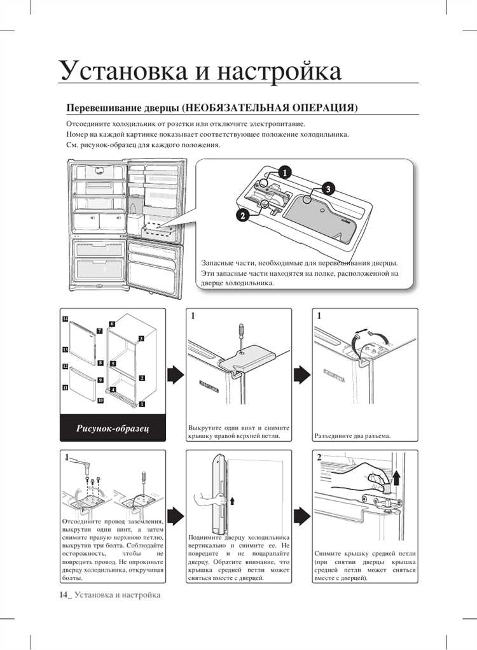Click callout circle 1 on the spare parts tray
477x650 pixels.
[x=285, y=172]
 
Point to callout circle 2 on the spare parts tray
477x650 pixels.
[x=242, y=215]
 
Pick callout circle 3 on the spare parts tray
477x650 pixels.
[x=327, y=188]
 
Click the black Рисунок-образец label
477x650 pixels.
[x=113, y=428]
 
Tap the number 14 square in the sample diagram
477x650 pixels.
[x=65, y=318]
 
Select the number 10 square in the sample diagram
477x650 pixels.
[x=100, y=400]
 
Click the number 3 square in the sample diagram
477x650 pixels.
[x=141, y=338]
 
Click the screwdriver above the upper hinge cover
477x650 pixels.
[x=240, y=336]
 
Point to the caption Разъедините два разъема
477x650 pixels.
[x=352, y=437]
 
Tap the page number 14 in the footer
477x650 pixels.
[x=64, y=595]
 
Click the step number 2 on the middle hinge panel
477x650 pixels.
[x=319, y=458]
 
